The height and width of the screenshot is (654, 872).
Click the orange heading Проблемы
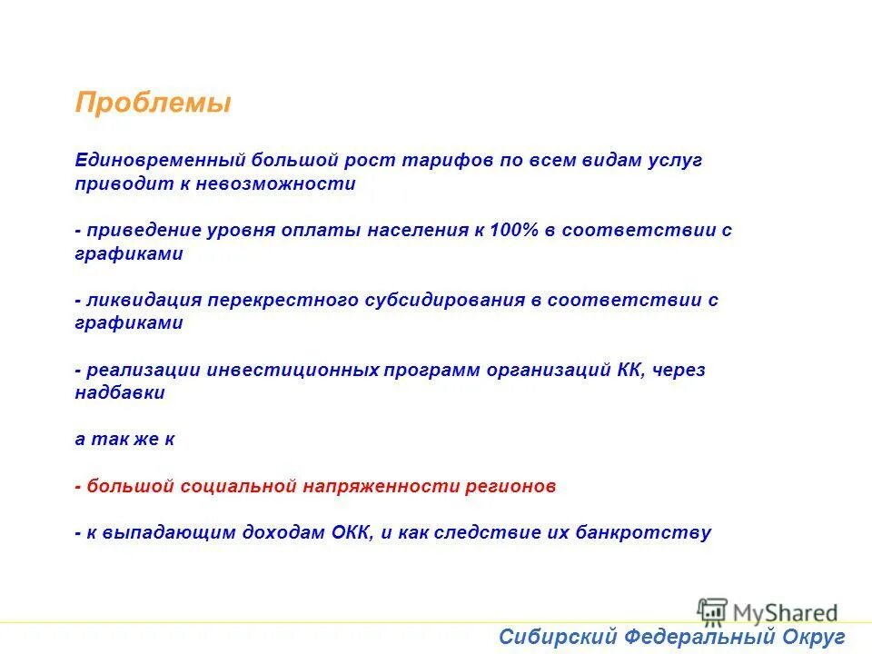tap(153, 104)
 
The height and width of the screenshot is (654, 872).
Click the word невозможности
tap(292, 183)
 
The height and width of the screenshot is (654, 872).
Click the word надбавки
tap(120, 393)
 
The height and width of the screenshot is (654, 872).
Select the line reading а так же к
tap(124, 440)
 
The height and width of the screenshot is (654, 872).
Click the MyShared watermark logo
tap(768, 610)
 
